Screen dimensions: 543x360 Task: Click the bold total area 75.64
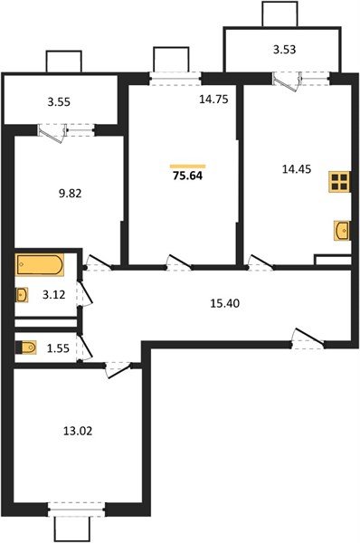188,176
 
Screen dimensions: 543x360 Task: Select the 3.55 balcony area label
62,102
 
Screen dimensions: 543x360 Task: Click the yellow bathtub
39,267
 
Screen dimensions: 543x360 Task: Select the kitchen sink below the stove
342,232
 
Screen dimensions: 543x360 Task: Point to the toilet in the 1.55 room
26,346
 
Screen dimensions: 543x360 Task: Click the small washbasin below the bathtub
22,293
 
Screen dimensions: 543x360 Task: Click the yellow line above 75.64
188,166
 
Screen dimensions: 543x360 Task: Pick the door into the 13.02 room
118,367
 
